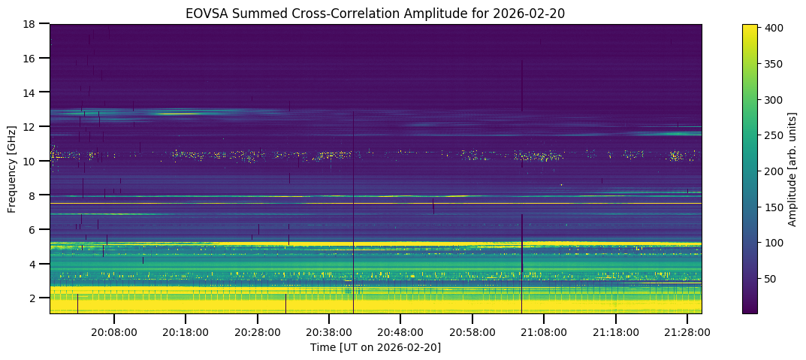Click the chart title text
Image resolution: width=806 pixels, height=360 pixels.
click(376, 13)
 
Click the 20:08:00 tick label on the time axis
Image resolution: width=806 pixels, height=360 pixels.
click(114, 331)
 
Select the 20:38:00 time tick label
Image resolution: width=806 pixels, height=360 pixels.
click(329, 331)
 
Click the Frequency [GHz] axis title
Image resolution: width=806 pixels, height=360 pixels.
click(12, 169)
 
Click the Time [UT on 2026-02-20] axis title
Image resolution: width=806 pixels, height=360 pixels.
click(376, 347)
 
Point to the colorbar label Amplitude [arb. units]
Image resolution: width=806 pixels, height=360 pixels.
click(792, 169)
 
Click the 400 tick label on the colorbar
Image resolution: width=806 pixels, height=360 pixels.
click(775, 28)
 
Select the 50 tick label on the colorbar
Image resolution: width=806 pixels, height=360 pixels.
click(772, 278)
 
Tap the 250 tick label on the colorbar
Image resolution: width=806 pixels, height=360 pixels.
click(775, 135)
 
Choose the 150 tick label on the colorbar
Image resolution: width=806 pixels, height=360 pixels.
click(775, 207)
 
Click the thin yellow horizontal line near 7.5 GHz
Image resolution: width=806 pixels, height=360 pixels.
click(376, 204)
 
